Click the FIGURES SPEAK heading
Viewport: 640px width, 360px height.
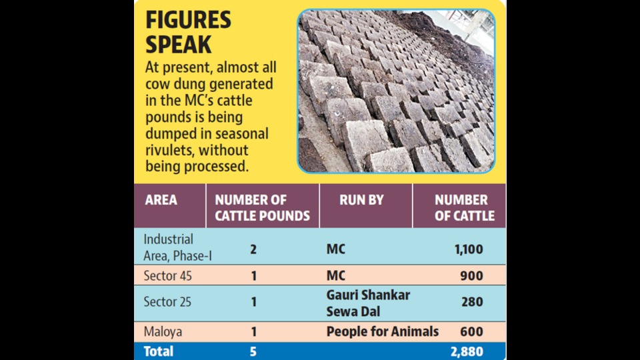188,32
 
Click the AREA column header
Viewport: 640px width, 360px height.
161,200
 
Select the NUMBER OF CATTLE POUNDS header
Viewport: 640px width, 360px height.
263,208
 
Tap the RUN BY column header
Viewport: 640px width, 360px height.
361,200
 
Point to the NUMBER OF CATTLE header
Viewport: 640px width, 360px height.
465,208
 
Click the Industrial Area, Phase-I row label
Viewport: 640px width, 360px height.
177,247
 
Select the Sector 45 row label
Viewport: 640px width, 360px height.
167,276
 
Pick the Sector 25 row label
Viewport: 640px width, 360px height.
167,302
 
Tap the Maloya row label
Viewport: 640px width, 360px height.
163,332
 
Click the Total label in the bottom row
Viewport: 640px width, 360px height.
159,351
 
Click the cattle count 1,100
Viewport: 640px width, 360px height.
469,249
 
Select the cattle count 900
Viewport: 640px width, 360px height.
471,276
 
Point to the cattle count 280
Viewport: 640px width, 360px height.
472,302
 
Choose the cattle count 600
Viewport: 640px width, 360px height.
471,332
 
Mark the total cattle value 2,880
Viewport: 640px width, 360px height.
467,351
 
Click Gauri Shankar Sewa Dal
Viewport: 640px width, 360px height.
368,303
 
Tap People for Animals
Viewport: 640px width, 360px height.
383,332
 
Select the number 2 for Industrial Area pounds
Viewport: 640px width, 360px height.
253,249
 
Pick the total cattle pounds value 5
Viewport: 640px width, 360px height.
253,351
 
